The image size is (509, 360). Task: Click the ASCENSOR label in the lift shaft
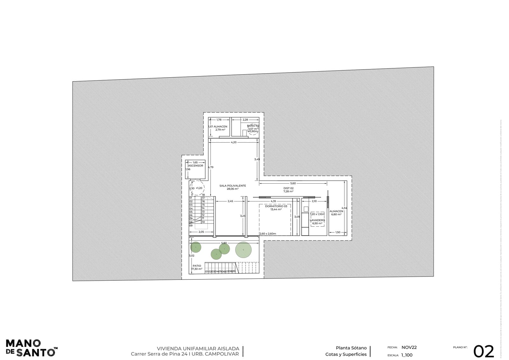click(x=195, y=166)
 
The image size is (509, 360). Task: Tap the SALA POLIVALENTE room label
click(x=233, y=186)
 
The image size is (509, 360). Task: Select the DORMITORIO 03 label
click(x=276, y=206)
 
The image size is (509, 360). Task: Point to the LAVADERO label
click(x=317, y=220)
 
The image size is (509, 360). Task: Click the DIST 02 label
click(x=289, y=188)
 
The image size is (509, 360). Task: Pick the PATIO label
click(x=197, y=266)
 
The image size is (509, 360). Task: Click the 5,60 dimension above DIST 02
click(x=293, y=183)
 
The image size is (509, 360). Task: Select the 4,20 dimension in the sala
click(x=234, y=142)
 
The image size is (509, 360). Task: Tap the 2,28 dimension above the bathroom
click(x=245, y=120)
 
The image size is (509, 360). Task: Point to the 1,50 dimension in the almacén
click(x=338, y=232)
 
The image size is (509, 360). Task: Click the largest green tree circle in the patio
click(x=243, y=250)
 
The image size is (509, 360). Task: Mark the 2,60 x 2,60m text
click(x=268, y=234)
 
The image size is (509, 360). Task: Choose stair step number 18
click(x=203, y=195)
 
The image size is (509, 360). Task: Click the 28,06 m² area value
click(x=233, y=189)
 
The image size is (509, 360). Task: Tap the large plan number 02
click(x=484, y=351)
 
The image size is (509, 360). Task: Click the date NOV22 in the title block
click(x=409, y=348)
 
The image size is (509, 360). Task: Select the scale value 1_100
click(x=407, y=355)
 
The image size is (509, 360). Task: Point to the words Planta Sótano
click(x=351, y=348)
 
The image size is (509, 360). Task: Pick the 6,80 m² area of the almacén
click(x=336, y=215)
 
